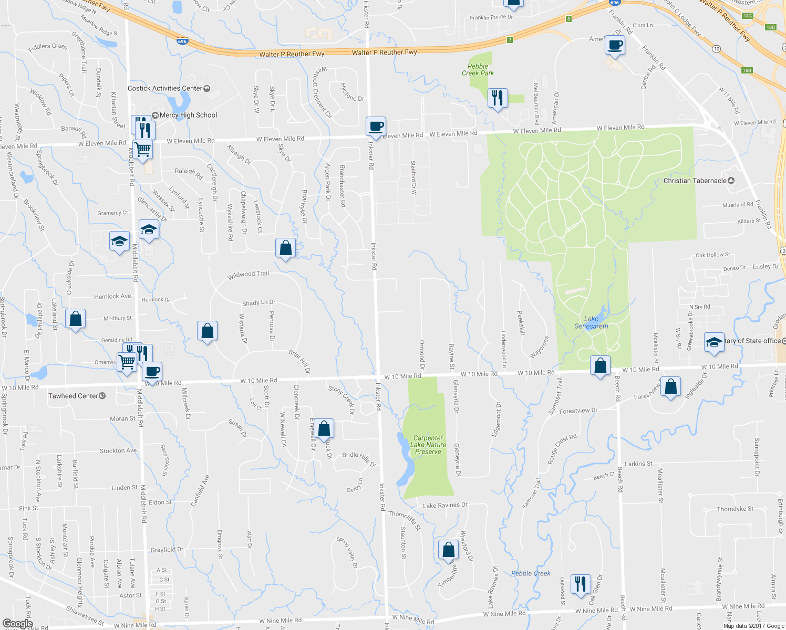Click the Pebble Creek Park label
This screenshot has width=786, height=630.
point(478,70)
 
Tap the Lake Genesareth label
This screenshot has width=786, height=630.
point(591,322)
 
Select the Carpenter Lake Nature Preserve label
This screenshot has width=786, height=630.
point(428,445)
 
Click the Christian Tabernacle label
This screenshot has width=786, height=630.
point(695,181)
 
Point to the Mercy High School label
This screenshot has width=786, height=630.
point(188,115)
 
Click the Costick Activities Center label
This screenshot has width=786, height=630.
point(165,88)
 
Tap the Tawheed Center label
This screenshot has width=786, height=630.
point(73,396)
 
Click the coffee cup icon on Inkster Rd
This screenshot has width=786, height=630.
point(376,127)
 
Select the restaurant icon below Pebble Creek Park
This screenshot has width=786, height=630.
point(497,98)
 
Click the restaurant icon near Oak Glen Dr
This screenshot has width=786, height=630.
point(580,584)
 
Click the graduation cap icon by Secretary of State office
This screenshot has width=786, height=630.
point(713,342)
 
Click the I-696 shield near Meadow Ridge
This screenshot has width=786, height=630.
point(182,40)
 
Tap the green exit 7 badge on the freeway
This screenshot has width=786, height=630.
point(510,40)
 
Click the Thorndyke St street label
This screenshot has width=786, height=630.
point(735,509)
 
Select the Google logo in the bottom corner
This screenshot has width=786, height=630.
point(18,624)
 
